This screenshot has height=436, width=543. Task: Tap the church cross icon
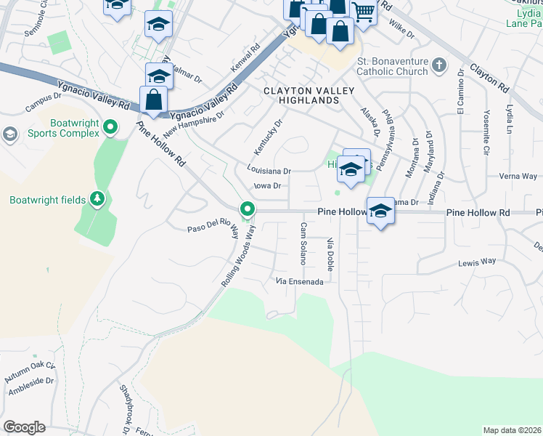(438, 65)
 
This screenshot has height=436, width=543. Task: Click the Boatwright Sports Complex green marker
(110, 128)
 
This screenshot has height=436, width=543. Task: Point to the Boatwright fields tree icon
(96, 199)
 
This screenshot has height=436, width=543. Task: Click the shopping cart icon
(363, 11)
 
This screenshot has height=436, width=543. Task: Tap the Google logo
(24, 427)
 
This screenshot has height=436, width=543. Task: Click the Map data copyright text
(512, 430)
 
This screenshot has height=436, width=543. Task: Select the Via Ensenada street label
(298, 280)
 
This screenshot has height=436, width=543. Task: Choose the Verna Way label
(518, 177)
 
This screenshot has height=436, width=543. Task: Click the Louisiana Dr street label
(269, 171)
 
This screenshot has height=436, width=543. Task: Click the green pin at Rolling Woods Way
(248, 210)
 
